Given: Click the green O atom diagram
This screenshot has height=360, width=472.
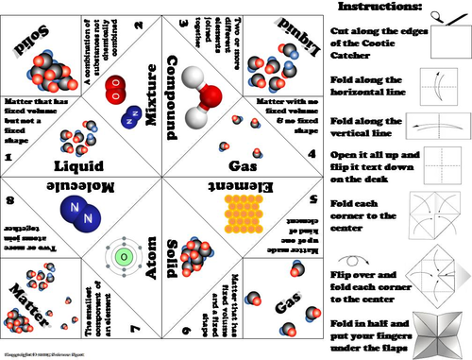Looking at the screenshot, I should [x=122, y=255].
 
